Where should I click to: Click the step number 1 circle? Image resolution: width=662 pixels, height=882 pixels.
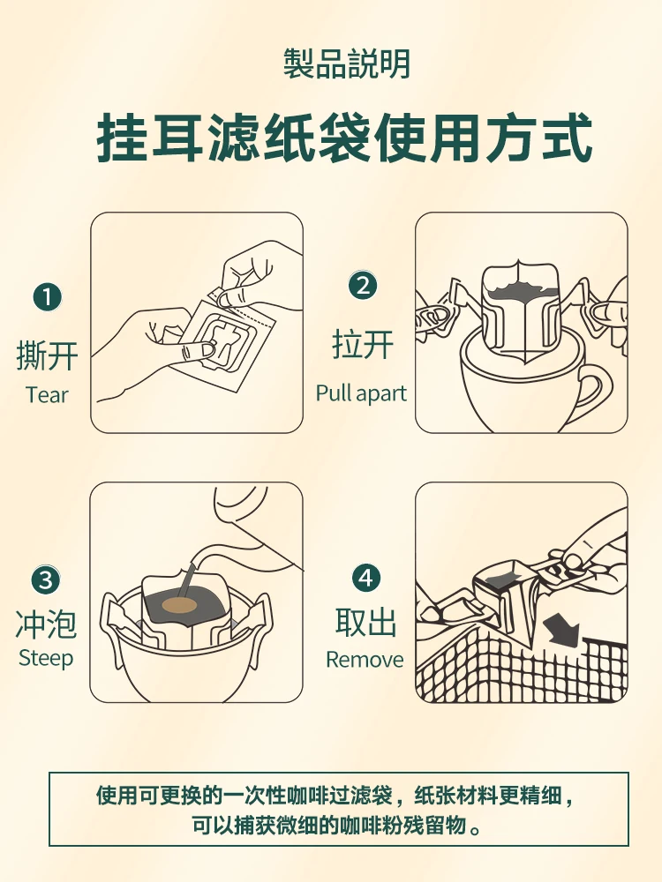(48, 297)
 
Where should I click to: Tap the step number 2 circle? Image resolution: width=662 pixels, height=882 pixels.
(363, 285)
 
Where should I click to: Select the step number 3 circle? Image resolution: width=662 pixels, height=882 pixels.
(46, 579)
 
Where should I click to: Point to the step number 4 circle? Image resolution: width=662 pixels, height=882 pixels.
(366, 578)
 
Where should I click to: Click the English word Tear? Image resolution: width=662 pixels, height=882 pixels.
(47, 395)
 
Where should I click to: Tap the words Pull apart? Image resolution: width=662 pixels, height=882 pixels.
(361, 393)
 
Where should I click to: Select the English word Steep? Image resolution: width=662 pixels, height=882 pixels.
(46, 658)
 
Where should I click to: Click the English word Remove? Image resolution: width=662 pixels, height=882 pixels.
(365, 660)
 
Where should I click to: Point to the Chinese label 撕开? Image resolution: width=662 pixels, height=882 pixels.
(47, 356)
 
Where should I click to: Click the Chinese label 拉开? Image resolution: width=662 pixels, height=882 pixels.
(363, 344)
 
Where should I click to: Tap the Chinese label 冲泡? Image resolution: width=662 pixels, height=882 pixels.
(46, 624)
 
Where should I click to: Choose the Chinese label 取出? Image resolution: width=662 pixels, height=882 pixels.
(366, 622)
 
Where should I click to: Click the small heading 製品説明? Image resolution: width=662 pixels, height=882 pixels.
(346, 64)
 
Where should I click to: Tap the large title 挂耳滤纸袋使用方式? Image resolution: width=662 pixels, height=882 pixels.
(344, 138)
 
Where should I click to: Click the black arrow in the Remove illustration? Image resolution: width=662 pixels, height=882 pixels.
(560, 630)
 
